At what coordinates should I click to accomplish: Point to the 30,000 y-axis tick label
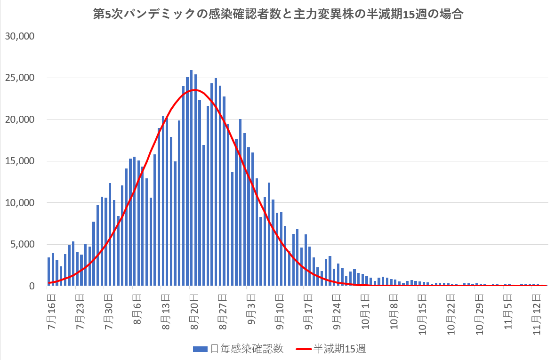point(19,36)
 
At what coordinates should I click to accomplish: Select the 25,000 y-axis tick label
point(19,78)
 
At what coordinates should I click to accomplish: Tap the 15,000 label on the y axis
point(19,161)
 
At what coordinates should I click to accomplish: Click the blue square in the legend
point(200,349)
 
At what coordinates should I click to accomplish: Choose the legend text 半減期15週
point(339,349)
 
